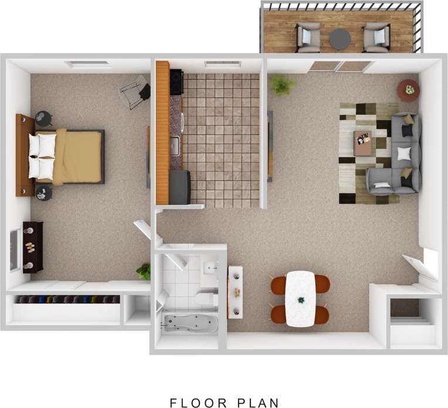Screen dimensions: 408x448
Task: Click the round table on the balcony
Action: pyautogui.click(x=340, y=39)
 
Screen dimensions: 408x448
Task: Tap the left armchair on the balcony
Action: pyautogui.click(x=308, y=37)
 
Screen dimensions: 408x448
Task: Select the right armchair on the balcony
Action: pyautogui.click(x=376, y=37)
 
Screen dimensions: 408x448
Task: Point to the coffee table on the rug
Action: pyautogui.click(x=362, y=143)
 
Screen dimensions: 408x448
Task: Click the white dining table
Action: pyautogui.click(x=300, y=299)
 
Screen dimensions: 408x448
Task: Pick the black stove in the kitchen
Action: pyautogui.click(x=176, y=82)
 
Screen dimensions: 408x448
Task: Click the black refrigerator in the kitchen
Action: pyautogui.click(x=179, y=187)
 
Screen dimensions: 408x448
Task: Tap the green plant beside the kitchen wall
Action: pyautogui.click(x=283, y=85)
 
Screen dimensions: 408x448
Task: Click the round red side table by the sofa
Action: pyautogui.click(x=408, y=90)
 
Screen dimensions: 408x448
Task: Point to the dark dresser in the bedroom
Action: pyautogui.click(x=33, y=247)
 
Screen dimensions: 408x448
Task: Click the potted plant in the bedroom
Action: pyautogui.click(x=144, y=271)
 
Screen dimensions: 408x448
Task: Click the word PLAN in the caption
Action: pyautogui.click(x=258, y=403)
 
